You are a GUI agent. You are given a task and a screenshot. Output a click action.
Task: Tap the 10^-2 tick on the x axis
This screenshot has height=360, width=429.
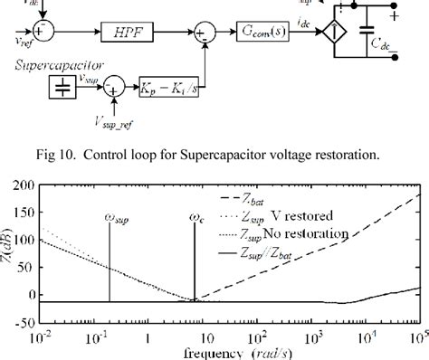tap(39, 336)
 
